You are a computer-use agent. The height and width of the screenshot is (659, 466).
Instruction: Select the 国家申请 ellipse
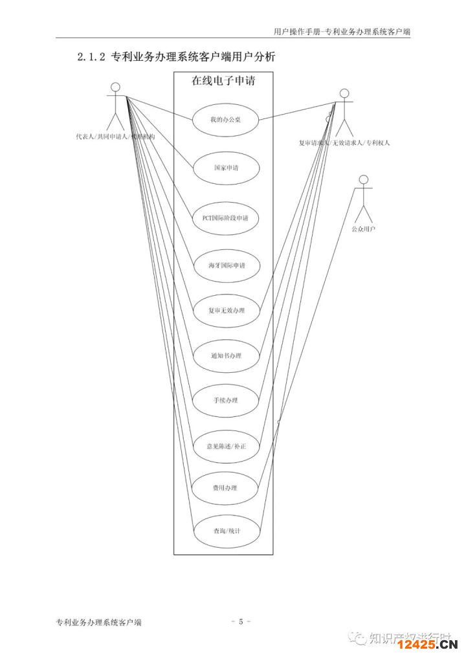[225, 167]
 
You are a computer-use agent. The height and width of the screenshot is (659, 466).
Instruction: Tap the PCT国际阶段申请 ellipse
[225, 218]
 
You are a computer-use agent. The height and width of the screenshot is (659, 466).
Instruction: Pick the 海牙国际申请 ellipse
[226, 265]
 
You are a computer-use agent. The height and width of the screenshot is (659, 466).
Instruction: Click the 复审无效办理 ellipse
[226, 310]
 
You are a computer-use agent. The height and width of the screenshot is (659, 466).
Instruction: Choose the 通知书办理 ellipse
[226, 355]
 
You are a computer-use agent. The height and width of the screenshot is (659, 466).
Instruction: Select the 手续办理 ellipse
[225, 400]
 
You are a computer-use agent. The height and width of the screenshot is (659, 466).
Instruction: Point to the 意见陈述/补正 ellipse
[226, 446]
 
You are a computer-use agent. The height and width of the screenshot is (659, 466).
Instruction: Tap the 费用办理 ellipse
[225, 487]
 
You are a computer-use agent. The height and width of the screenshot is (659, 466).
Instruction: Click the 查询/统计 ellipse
[227, 531]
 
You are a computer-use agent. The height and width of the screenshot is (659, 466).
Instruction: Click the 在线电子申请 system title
[222, 81]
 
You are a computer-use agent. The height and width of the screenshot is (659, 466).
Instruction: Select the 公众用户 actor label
[363, 229]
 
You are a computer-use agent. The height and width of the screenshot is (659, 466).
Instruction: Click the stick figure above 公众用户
[364, 197]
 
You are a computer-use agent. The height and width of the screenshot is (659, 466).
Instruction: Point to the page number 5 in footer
[240, 622]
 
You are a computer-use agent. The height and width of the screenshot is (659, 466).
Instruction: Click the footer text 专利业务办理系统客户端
[99, 622]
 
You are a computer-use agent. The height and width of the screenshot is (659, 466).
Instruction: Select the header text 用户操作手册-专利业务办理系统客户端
[342, 30]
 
